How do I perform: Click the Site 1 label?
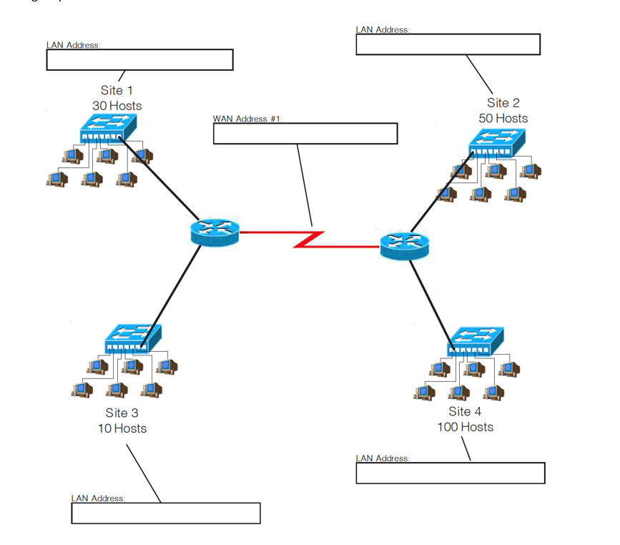point(117,90)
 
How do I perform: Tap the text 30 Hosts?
point(117,106)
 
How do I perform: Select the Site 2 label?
point(503,103)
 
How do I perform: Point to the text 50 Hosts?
point(503,119)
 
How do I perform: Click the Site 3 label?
point(122,413)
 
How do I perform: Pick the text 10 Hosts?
point(122,428)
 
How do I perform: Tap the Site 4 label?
point(465,411)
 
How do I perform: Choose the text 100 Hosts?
point(465,427)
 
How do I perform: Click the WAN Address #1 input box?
point(305,134)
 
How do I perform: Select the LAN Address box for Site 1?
point(139,60)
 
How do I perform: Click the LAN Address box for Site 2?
point(448,44)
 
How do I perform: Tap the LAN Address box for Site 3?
point(165,513)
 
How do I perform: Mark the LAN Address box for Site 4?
point(450,473)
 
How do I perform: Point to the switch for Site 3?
point(132,338)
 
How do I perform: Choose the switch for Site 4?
point(476,341)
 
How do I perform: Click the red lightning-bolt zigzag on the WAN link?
point(309,240)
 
